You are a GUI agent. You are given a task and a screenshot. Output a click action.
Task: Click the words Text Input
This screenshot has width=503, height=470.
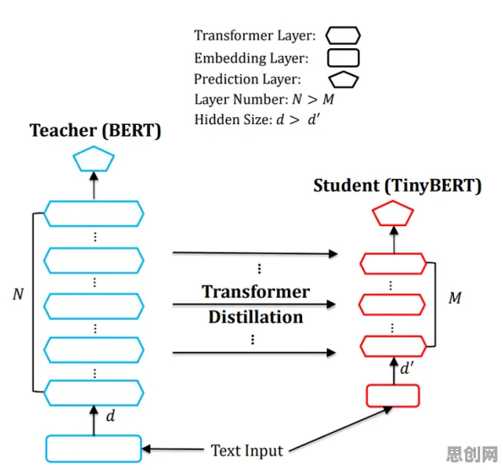click(x=246, y=450)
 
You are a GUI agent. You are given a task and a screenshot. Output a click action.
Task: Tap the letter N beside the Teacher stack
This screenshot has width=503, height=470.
click(x=19, y=294)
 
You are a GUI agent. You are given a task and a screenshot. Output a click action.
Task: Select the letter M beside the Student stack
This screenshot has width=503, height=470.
click(x=455, y=298)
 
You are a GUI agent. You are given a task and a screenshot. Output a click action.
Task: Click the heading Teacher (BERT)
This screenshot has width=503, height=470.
click(x=95, y=131)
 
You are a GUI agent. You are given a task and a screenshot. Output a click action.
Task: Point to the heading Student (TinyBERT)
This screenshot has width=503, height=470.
click(x=398, y=186)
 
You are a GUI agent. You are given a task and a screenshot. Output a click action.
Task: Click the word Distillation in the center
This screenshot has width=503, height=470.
click(x=256, y=317)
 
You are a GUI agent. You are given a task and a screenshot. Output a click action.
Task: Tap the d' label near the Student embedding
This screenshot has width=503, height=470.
click(x=407, y=368)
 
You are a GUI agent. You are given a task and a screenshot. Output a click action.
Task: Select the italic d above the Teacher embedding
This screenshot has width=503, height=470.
click(x=111, y=416)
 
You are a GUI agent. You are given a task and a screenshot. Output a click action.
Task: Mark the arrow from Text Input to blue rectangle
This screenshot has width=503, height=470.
click(x=172, y=449)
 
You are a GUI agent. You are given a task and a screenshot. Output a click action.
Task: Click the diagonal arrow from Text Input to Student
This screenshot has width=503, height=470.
click(x=341, y=429)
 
